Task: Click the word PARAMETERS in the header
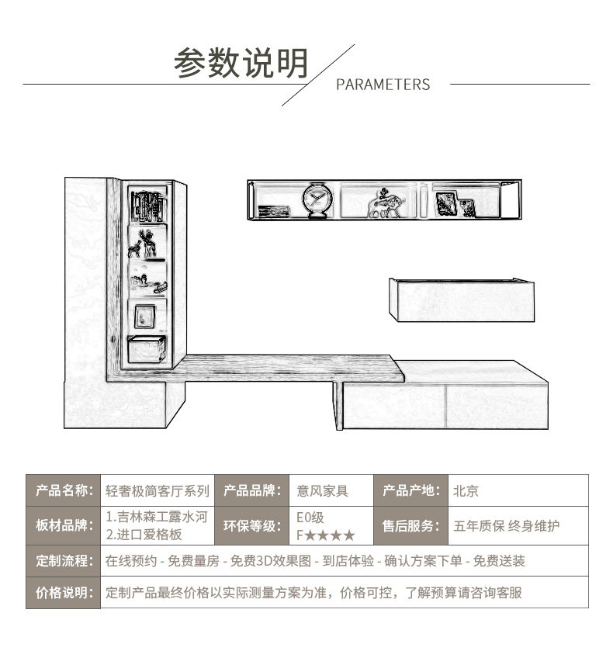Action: tap(383, 85)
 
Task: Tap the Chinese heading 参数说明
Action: tap(241, 64)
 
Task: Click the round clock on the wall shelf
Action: tap(317, 200)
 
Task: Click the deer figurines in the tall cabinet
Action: tap(146, 244)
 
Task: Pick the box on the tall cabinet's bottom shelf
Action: tap(147, 350)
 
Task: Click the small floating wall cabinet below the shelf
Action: tap(461, 300)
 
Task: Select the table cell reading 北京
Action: tap(466, 490)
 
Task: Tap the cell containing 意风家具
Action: tap(323, 490)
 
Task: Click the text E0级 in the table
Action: tap(310, 518)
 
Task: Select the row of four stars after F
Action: tap(330, 535)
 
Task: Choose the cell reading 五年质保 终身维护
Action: tap(506, 526)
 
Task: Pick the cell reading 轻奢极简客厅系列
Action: tap(157, 490)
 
